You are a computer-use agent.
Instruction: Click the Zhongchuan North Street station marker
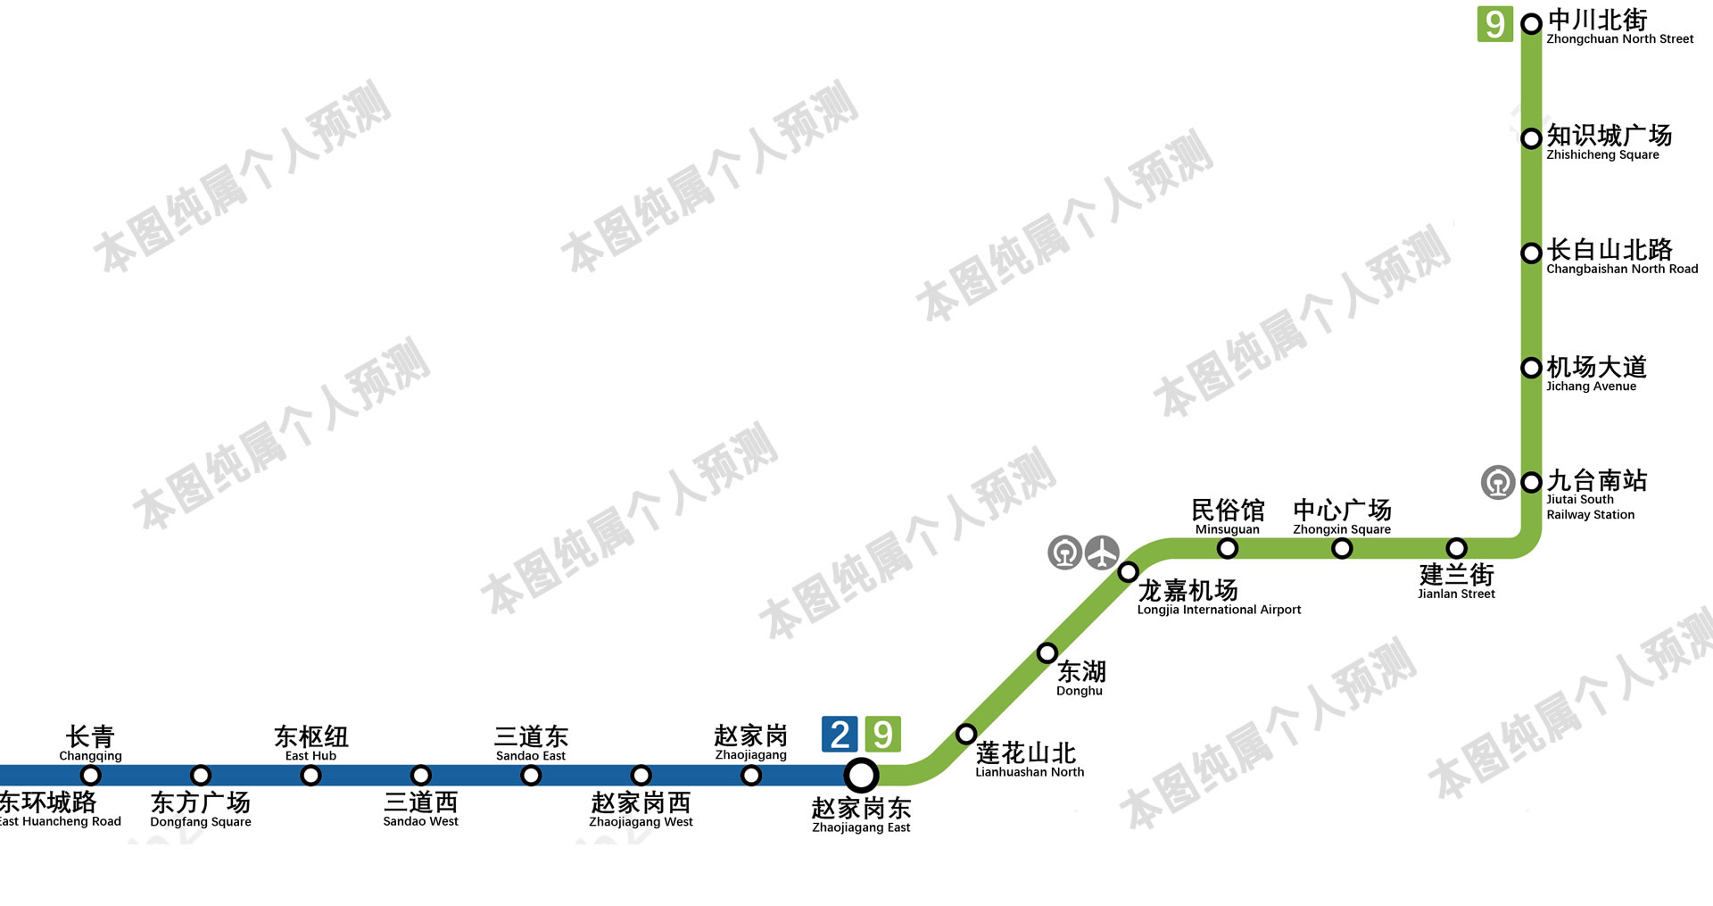point(1531,24)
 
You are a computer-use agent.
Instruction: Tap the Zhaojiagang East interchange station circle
point(861,775)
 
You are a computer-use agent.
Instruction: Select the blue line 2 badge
point(839,735)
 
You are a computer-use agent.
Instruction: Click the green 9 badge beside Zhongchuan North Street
point(1495,24)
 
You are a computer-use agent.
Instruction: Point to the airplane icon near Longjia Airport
point(1103,553)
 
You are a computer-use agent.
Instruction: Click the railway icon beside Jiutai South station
point(1498,483)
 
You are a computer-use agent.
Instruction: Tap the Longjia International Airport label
point(1219,598)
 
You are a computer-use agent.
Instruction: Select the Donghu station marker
point(1047,653)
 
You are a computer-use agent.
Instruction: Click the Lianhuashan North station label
point(1029,760)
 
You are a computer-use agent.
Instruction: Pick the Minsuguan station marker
point(1228,548)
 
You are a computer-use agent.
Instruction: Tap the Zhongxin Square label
point(1342,518)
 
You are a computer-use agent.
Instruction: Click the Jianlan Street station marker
point(1456,548)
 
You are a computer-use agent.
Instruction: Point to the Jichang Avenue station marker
point(1531,368)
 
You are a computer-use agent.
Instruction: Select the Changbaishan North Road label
point(1621,256)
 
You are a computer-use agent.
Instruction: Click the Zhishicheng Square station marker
point(1531,138)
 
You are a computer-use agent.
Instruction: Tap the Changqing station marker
point(91,775)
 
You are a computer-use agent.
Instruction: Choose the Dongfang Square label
point(201,809)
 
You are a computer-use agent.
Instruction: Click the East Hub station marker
point(310,775)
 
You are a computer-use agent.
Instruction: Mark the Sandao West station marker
point(421,775)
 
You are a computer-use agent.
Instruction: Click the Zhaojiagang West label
point(641,809)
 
